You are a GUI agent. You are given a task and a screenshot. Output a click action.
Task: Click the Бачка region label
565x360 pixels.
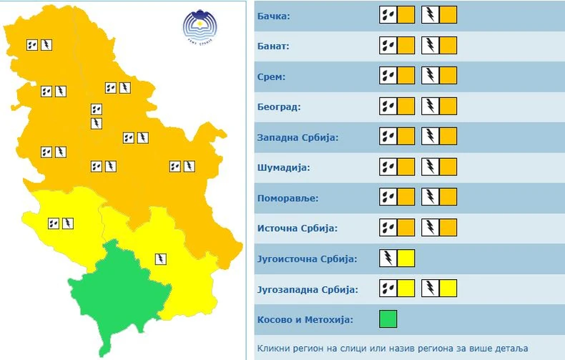275,15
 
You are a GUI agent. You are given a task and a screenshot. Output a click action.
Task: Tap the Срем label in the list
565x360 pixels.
272,76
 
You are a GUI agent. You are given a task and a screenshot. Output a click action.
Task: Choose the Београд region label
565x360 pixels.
278,107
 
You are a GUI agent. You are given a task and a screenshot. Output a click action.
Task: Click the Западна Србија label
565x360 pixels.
297,137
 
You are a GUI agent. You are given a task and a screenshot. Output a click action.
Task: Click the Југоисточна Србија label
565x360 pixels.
306,258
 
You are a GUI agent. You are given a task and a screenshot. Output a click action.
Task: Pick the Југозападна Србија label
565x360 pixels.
307,289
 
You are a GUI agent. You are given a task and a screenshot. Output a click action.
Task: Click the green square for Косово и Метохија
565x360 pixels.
388,318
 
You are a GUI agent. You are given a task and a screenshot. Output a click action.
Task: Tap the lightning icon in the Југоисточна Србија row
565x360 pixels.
388,258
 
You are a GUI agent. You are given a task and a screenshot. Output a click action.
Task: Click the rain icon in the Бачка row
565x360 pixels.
388,15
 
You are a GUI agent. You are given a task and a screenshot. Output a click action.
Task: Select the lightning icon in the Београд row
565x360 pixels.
431,107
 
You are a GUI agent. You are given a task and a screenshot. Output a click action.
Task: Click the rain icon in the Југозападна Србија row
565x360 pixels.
388,289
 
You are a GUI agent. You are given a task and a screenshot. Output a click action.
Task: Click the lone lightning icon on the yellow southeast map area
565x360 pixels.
162,258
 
